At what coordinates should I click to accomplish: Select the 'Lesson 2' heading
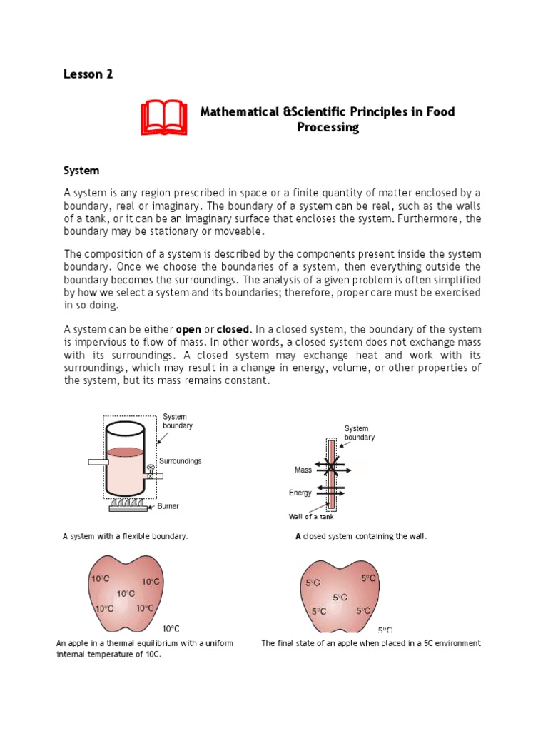88,74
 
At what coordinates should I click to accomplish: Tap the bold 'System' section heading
81,171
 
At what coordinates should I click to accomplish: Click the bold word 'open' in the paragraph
188,329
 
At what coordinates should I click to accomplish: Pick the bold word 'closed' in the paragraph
233,329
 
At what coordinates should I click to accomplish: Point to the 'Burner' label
168,506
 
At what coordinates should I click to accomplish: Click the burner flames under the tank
128,505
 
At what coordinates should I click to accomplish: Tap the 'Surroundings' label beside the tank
180,461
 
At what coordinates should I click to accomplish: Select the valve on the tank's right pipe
150,471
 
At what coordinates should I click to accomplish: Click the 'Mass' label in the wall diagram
303,470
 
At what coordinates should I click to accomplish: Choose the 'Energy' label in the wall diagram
300,493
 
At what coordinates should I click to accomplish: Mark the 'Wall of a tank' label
310,517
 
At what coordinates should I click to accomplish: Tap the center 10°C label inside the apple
126,593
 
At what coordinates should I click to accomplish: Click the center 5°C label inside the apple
340,598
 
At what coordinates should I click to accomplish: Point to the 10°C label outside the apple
171,629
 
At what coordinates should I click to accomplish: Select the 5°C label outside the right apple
385,630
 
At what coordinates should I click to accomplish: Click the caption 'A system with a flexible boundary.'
126,536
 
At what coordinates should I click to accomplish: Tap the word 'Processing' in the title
328,128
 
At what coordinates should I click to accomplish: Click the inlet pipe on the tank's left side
98,463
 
